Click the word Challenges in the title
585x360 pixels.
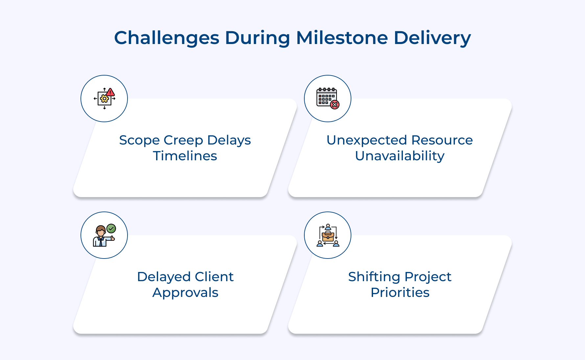click(x=167, y=38)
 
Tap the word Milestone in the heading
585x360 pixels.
click(x=342, y=38)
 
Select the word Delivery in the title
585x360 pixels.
click(x=432, y=38)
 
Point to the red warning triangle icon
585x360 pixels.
click(x=110, y=92)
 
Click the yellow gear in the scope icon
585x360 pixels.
click(x=105, y=99)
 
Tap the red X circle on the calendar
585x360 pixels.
click(x=335, y=105)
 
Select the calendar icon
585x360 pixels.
click(x=326, y=97)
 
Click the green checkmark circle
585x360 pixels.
click(x=111, y=228)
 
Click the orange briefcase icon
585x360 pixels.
click(x=328, y=236)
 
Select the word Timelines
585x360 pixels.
click(x=185, y=156)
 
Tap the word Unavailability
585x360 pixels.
click(x=400, y=156)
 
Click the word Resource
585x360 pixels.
click(x=442, y=140)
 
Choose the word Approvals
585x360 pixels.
click(x=185, y=293)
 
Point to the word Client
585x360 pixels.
click(x=214, y=277)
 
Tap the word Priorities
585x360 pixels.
click(x=400, y=293)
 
